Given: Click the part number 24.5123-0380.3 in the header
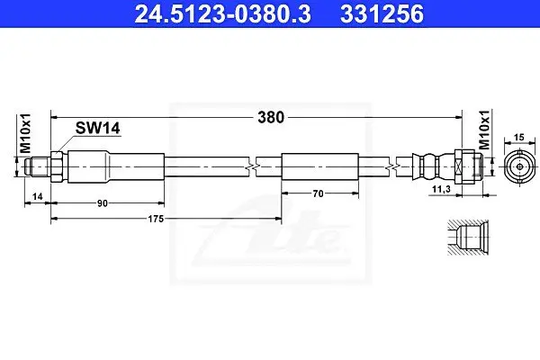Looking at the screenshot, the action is [223, 13].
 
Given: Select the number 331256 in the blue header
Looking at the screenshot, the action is [382, 13].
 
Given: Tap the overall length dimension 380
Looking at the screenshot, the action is [271, 118].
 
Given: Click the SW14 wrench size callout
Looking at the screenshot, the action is [98, 128].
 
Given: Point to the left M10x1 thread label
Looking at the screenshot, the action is [25, 133].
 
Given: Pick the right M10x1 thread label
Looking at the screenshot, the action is [484, 130].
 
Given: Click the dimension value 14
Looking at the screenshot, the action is [37, 196].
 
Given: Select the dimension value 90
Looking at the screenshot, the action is [103, 203].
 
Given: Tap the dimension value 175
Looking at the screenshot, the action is [156, 219].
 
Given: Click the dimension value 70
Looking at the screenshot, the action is [319, 194].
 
